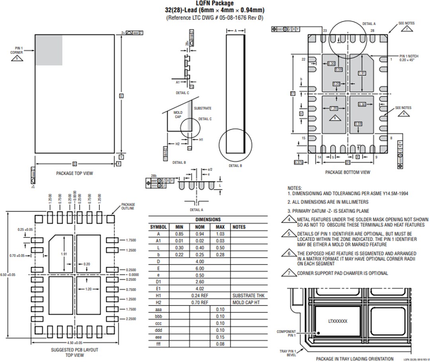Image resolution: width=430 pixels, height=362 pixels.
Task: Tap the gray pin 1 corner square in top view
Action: tap(49, 50)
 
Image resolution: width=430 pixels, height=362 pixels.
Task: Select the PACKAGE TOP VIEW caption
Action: tap(74, 173)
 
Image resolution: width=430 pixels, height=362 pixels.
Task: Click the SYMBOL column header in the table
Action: tap(158, 227)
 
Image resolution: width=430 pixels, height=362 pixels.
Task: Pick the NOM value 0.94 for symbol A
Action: tap(199, 234)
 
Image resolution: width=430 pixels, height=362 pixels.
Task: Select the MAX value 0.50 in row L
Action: tap(220, 248)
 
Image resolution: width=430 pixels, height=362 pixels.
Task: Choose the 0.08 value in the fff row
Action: tap(220, 344)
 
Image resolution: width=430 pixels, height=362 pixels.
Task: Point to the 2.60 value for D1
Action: tap(199, 282)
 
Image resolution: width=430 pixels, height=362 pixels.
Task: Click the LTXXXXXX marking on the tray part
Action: tap(338, 321)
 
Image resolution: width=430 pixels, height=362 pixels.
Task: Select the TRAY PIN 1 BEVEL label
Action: tap(287, 353)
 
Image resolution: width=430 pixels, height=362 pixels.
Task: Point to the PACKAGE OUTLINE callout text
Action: tap(128, 206)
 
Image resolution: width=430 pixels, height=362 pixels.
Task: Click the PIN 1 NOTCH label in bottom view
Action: tap(408, 58)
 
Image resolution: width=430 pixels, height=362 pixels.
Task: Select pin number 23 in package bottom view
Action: tap(324, 31)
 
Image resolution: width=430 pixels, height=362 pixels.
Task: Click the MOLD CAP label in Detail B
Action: tap(178, 115)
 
